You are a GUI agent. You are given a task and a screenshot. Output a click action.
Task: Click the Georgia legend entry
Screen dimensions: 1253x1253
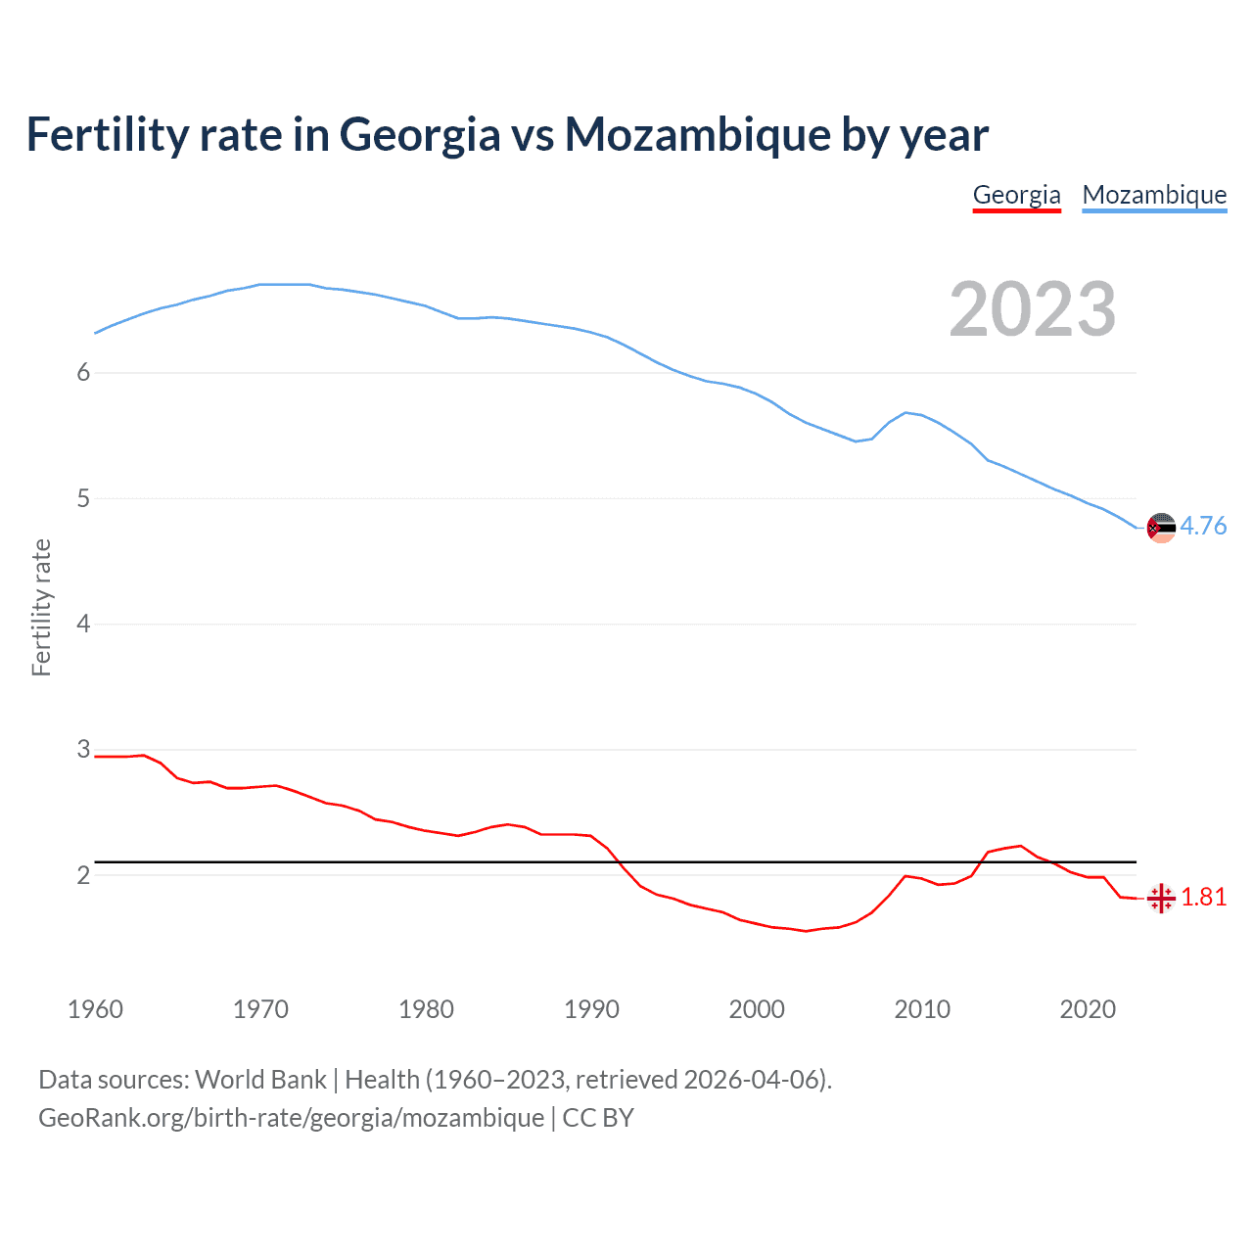(x=1016, y=195)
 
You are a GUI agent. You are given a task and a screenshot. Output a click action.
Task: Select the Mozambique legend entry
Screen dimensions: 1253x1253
(x=1154, y=195)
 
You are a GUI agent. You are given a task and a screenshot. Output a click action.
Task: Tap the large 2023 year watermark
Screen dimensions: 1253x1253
(x=1032, y=309)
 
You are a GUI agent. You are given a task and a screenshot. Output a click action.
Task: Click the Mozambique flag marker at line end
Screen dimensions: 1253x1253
(x=1161, y=528)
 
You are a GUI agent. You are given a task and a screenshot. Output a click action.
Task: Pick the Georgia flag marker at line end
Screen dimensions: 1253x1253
(x=1161, y=898)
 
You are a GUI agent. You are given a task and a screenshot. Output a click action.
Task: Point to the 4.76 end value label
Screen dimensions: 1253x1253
(x=1203, y=527)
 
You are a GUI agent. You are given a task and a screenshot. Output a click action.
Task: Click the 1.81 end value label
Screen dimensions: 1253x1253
(x=1203, y=898)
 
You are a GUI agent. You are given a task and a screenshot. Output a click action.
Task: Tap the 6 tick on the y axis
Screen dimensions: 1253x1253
(x=83, y=373)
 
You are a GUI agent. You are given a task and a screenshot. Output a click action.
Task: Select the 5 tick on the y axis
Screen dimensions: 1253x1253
(x=83, y=498)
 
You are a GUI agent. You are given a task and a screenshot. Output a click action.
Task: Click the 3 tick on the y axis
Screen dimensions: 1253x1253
(x=83, y=750)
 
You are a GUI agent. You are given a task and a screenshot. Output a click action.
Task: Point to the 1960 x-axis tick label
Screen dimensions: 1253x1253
(x=95, y=1009)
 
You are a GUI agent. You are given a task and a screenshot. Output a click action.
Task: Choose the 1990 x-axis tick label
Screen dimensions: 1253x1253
(x=591, y=1009)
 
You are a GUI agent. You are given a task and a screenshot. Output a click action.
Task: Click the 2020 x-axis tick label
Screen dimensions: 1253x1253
(x=1088, y=1009)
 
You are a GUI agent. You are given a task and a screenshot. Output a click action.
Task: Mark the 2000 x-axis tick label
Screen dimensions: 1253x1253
(x=757, y=1009)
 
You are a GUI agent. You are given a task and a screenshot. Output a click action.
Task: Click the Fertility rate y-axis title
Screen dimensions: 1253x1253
(x=41, y=608)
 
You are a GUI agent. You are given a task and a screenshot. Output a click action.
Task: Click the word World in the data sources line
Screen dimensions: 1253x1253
(x=229, y=1080)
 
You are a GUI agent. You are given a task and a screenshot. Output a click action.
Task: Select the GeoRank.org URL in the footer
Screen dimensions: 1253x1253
(x=291, y=1118)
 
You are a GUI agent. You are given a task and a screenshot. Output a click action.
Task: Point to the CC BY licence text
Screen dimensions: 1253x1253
(x=598, y=1118)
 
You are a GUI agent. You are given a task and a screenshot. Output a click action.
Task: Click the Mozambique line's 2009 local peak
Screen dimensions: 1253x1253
(x=905, y=412)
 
